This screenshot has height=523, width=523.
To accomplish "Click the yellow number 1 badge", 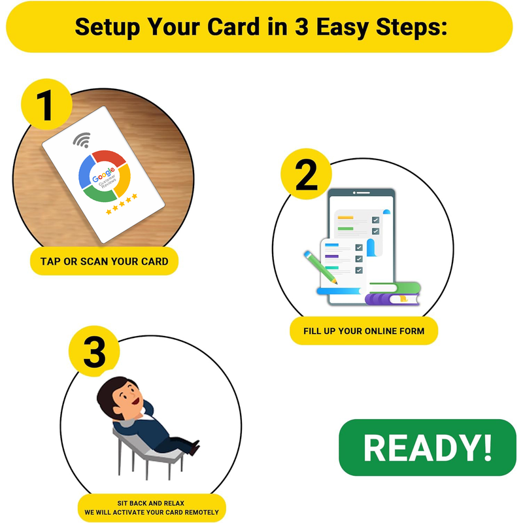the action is click(x=46, y=105).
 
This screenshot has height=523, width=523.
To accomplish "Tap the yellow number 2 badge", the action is click(x=306, y=174).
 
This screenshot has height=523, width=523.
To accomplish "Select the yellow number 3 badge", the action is click(x=94, y=351).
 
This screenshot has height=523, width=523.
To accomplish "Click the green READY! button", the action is click(x=428, y=447).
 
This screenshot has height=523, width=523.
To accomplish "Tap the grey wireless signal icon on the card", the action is click(x=82, y=140).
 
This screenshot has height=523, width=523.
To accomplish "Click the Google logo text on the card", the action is click(x=103, y=175).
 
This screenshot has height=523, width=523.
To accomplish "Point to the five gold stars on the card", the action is click(x=122, y=204).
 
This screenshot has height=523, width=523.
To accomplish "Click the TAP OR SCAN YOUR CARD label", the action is click(x=104, y=261).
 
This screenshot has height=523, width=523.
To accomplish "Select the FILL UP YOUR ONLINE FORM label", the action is click(x=363, y=331).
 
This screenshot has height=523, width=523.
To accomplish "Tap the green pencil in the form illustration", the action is click(x=320, y=267).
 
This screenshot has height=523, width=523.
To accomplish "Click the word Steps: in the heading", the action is click(x=412, y=27).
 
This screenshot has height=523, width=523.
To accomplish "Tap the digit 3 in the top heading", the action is click(x=301, y=26).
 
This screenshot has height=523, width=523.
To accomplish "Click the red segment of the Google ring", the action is click(x=109, y=158).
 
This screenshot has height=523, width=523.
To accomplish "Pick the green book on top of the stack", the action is click(x=395, y=288).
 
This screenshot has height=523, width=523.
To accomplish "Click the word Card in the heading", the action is click(x=233, y=26).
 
